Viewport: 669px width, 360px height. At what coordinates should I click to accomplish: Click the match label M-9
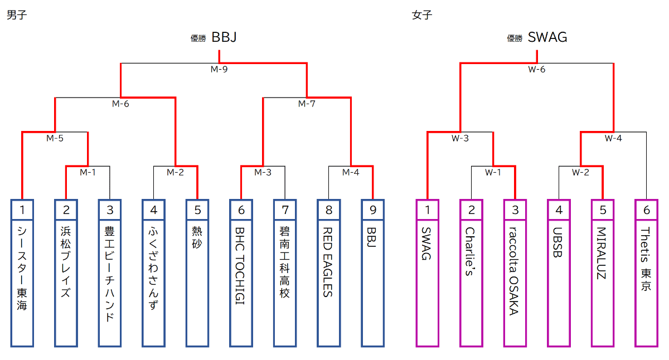219,70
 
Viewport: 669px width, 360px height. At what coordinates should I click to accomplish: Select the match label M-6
120,104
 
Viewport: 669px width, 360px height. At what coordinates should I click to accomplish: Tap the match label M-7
307,104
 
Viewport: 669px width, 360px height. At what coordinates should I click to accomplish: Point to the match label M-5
55,138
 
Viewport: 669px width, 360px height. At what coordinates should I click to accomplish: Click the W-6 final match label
536,70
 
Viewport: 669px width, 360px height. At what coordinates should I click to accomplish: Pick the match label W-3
460,138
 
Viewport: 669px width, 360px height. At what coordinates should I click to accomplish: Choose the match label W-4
613,138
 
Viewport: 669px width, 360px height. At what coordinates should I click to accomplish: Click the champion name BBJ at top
224,37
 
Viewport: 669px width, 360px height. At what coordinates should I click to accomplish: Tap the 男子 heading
17,15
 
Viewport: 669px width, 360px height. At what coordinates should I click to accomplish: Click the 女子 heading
422,15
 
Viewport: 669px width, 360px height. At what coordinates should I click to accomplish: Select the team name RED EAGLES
328,261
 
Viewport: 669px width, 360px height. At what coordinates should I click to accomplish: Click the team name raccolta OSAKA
514,270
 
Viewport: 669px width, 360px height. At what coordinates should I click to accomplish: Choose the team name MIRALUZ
602,253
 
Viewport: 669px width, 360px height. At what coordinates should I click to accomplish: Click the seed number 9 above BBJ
372,210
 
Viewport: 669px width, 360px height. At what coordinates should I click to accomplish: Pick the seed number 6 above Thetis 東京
646,210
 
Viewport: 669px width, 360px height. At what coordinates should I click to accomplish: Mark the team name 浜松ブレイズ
66,261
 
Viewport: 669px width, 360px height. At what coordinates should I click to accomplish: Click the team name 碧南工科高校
284,261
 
